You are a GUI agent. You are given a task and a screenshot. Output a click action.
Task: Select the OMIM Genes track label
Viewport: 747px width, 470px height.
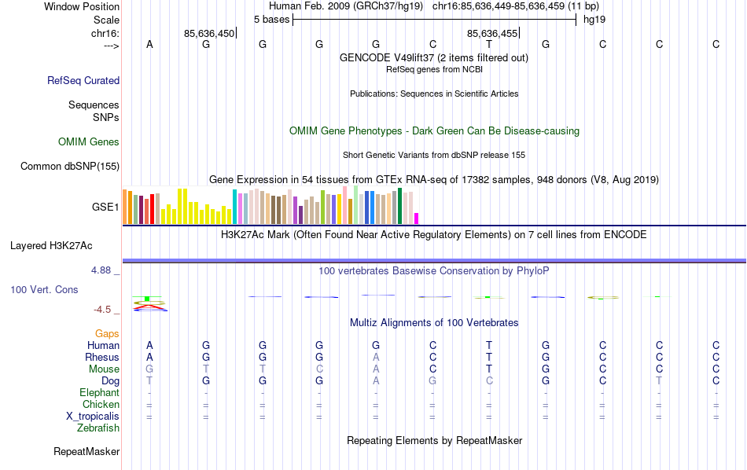pyautogui.click(x=89, y=142)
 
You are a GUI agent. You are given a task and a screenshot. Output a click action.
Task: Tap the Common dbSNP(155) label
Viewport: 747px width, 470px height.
pyautogui.click(x=70, y=166)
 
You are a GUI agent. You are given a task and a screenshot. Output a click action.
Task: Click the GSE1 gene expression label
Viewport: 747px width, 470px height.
pyautogui.click(x=105, y=207)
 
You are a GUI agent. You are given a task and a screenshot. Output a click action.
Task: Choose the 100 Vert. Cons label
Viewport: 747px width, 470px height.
pyautogui.click(x=44, y=290)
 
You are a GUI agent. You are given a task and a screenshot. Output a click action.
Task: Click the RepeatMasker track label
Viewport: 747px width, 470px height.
pyautogui.click(x=86, y=452)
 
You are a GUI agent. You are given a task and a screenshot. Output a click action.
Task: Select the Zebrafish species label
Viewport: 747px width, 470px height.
pyautogui.click(x=98, y=428)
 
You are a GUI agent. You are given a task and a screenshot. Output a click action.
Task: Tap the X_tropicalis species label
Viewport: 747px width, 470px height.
pyautogui.click(x=90, y=417)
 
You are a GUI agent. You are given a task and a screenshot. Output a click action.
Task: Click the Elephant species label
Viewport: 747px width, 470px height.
pyautogui.click(x=99, y=393)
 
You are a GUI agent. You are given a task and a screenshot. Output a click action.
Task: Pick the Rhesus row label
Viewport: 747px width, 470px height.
pyautogui.click(x=102, y=358)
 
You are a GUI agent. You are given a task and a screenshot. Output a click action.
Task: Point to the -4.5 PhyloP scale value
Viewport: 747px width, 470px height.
pyautogui.click(x=104, y=310)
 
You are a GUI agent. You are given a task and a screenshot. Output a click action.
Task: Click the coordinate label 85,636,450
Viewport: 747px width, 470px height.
pyautogui.click(x=209, y=34)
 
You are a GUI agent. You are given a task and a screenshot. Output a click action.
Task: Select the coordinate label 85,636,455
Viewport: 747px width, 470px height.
pyautogui.click(x=492, y=34)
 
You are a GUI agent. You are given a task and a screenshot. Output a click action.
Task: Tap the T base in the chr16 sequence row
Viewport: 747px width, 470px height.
pyautogui.click(x=489, y=45)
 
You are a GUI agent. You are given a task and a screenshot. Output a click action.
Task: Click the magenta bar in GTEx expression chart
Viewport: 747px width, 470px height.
pyautogui.click(x=417, y=218)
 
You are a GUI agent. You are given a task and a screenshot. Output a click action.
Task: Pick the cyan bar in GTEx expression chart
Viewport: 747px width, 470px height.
pyautogui.click(x=234, y=207)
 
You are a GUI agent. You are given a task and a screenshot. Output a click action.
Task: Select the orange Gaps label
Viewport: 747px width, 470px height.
pyautogui.click(x=107, y=334)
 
